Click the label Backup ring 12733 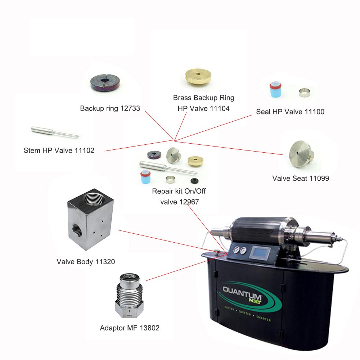click(x=110, y=108)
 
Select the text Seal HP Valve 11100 click(x=290, y=112)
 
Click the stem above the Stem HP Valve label click(x=55, y=132)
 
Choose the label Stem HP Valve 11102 click(x=59, y=150)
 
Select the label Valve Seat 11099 click(x=301, y=179)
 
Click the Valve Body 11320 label click(x=86, y=262)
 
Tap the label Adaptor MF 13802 click(x=130, y=328)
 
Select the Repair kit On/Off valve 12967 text click(x=179, y=197)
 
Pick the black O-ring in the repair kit click(x=194, y=181)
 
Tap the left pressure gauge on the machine click(x=237, y=249)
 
